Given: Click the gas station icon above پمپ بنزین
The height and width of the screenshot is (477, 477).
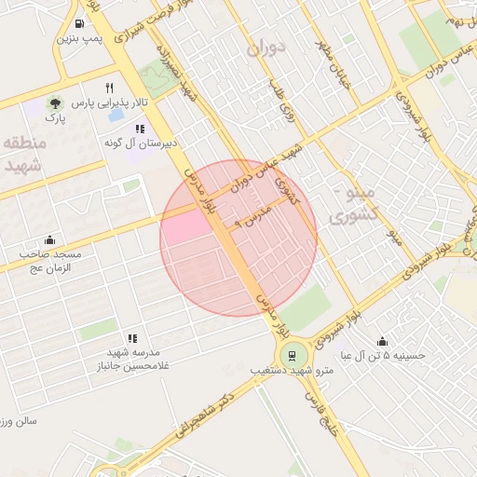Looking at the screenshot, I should pyautogui.click(x=81, y=24).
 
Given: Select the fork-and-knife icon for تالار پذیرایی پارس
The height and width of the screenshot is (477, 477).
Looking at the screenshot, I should pyautogui.click(x=110, y=87).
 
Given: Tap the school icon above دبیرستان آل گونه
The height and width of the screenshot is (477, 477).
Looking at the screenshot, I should pyautogui.click(x=139, y=129).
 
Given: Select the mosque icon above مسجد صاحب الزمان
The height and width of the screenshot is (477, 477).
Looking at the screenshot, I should pyautogui.click(x=49, y=238).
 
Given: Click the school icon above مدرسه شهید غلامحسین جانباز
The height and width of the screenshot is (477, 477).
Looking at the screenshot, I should pyautogui.click(x=132, y=338).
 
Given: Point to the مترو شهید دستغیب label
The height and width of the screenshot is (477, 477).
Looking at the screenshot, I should pyautogui.click(x=293, y=371).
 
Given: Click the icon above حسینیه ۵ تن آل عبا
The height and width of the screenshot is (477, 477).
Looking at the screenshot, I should pyautogui.click(x=382, y=341).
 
